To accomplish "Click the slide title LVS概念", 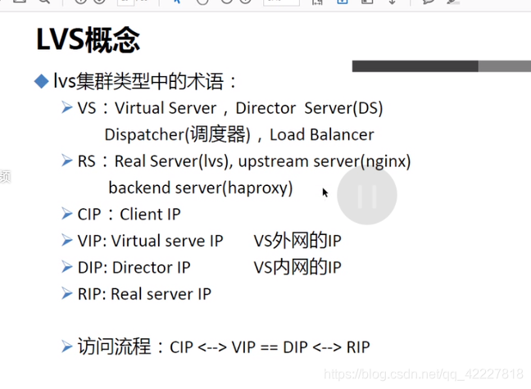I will pos(88,40).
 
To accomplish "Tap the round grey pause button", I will pos(367,196).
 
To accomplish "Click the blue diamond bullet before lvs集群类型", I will pos(41,81).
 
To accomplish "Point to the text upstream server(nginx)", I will pos(324,161).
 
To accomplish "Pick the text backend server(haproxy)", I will pos(200,188).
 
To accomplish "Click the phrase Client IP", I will pos(150,214).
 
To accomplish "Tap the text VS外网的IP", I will pos(297,241).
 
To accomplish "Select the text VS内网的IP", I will pos(297,267).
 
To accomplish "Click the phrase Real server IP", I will pos(161,294).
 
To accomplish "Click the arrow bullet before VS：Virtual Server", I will pos(67,107).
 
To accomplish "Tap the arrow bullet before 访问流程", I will pos(67,346).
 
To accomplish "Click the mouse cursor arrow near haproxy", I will pos(324,192).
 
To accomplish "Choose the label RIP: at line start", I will pos(92,294).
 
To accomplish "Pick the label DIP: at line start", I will pos(93,267).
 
